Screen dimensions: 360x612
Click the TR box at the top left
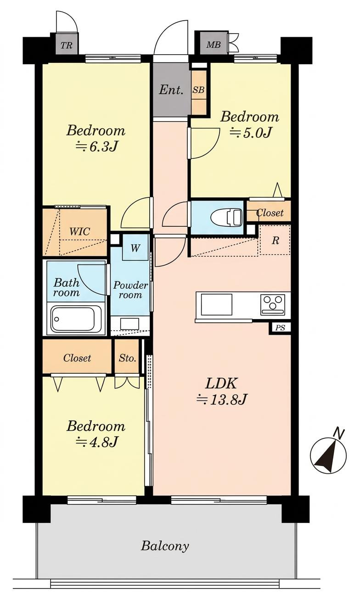tap(67, 45)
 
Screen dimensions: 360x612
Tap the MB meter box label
tap(213, 44)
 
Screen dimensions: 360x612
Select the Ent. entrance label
tap(171, 90)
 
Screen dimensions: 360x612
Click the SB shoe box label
tap(198, 90)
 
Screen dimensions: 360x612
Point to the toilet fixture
tap(226, 218)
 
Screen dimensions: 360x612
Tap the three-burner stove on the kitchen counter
tap(272, 303)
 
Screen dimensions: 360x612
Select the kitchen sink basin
tap(216, 304)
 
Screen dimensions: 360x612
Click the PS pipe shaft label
tap(280, 327)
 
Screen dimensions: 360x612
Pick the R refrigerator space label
tap(275, 241)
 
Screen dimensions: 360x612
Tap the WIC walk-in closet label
tap(79, 231)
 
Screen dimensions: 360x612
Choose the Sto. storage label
tap(127, 358)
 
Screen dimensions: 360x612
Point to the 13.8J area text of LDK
tap(222, 400)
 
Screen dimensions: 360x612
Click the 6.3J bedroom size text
tap(96, 146)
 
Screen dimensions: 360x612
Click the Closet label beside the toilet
tap(270, 212)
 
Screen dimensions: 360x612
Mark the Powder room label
tap(130, 290)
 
